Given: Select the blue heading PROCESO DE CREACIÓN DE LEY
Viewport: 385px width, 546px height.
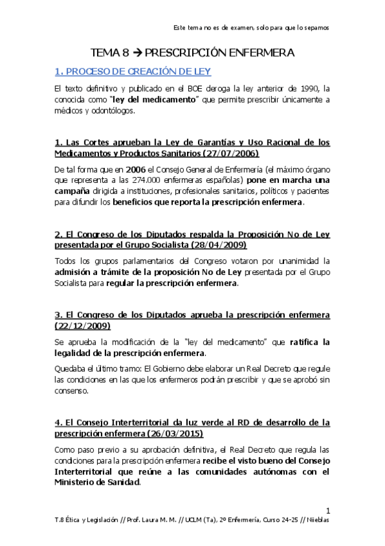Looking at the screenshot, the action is point(142,71).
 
